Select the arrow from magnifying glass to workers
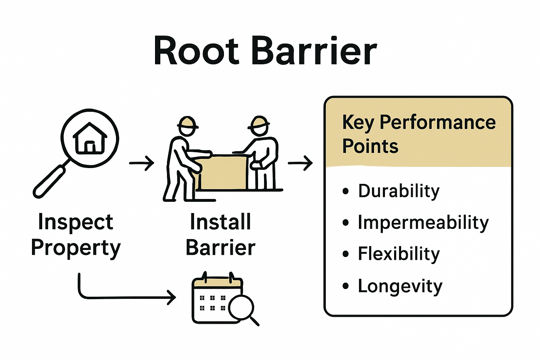pyautogui.click(x=142, y=163)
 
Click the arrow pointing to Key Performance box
pyautogui.click(x=300, y=163)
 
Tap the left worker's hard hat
pyautogui.click(x=187, y=122)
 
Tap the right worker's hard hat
pyautogui.click(x=259, y=122)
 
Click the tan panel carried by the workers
pyautogui.click(x=221, y=172)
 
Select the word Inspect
pyautogui.click(x=76, y=222)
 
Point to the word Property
pyautogui.click(x=76, y=248)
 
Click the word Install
pyautogui.click(x=220, y=222)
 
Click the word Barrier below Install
pyautogui.click(x=220, y=247)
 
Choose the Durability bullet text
pyautogui.click(x=399, y=191)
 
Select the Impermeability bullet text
pyautogui.click(x=423, y=223)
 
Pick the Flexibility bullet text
pyautogui.click(x=399, y=254)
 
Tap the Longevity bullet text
pyautogui.click(x=400, y=286)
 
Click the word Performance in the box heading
pyautogui.click(x=438, y=122)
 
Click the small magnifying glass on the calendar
pyautogui.click(x=241, y=307)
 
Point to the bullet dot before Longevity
pyautogui.click(x=346, y=286)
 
